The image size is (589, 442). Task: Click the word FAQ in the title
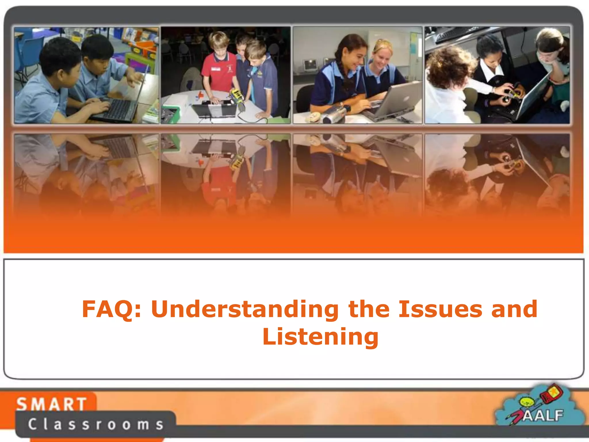pyautogui.click(x=112, y=309)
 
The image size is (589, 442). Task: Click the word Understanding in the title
pyautogui.click(x=245, y=309)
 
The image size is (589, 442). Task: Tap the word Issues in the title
pyautogui.click(x=440, y=309)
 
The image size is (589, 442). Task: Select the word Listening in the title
pyautogui.click(x=320, y=337)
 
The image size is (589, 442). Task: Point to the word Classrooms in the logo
pyautogui.click(x=95, y=424)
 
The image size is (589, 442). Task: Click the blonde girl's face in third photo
pyautogui.click(x=383, y=58)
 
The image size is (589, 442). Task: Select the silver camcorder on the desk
pyautogui.click(x=335, y=114)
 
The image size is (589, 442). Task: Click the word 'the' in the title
pyautogui.click(x=369, y=309)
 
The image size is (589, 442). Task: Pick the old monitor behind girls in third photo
pyautogui.click(x=310, y=65)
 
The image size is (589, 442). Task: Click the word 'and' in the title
pyautogui.click(x=514, y=309)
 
